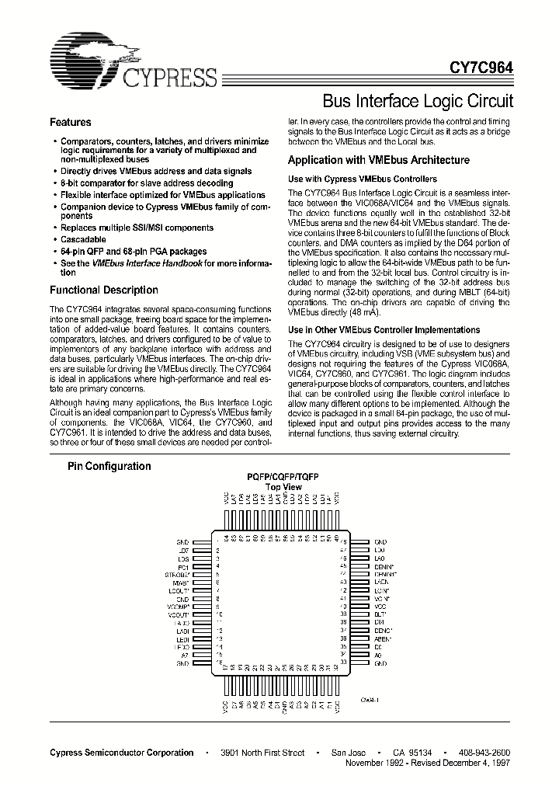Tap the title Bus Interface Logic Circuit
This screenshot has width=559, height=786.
[x=417, y=101]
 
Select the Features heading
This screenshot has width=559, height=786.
[x=71, y=123]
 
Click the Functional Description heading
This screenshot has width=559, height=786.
[x=104, y=290]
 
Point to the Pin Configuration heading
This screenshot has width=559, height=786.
[x=109, y=466]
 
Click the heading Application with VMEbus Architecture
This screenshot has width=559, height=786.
[x=378, y=161]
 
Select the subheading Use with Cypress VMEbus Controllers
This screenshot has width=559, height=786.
[x=363, y=179]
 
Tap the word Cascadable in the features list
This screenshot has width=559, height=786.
[x=85, y=240]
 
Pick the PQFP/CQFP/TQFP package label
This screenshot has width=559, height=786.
[x=283, y=476]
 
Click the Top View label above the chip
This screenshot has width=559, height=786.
[x=283, y=487]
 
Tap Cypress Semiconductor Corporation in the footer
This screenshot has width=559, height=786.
[x=122, y=753]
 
